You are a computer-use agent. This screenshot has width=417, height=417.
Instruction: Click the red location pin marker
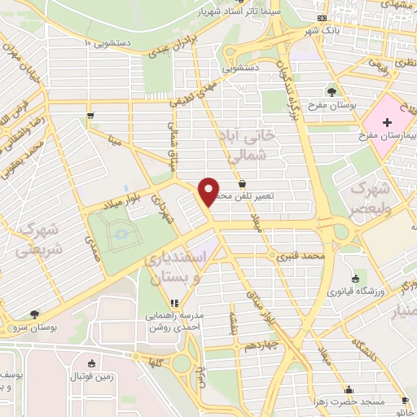pyautogui.click(x=208, y=190)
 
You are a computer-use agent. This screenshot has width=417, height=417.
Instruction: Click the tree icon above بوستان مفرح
pyautogui.click(x=331, y=91)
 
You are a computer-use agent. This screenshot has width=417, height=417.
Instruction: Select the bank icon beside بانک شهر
pyautogui.click(x=323, y=18)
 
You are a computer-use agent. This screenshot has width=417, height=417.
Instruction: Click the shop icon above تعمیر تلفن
pyautogui.click(x=243, y=183)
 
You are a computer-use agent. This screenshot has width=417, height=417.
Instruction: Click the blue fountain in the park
pyautogui.click(x=121, y=234)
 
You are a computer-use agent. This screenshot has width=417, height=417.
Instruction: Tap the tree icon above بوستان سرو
pyautogui.click(x=34, y=314)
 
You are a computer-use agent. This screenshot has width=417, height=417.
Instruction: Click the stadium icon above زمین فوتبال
pyautogui.click(x=91, y=363)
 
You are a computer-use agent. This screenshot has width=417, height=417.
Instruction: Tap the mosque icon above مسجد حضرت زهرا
pyautogui.click(x=349, y=388)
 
